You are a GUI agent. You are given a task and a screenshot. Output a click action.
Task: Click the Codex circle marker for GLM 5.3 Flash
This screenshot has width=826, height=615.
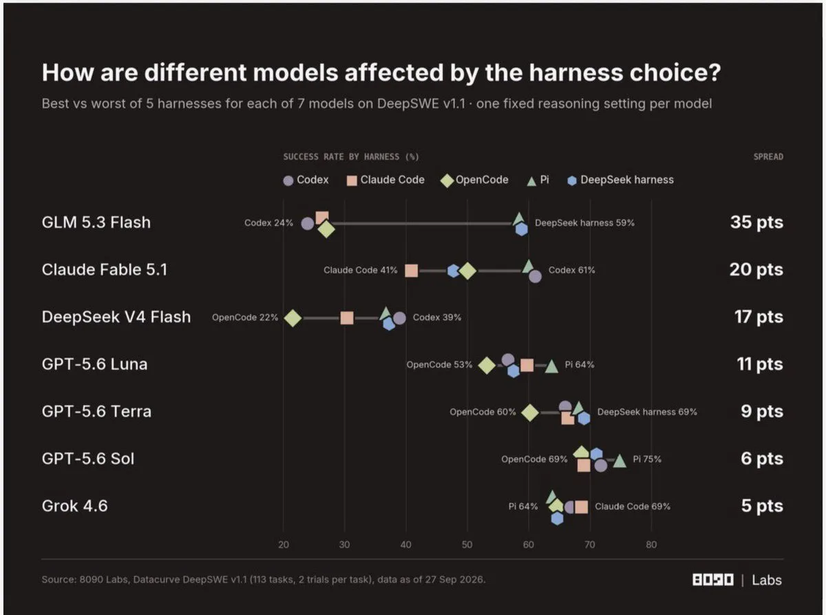(x=307, y=224)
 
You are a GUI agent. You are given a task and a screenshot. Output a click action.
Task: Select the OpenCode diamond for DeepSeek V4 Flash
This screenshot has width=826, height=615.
(x=293, y=318)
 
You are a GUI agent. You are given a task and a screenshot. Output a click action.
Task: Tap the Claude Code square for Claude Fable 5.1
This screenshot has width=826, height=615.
(x=411, y=271)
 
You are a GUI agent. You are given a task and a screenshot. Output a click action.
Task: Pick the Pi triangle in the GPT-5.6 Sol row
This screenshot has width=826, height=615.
(x=619, y=461)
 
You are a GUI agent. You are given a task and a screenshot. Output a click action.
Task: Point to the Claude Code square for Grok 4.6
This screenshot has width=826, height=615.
(x=582, y=507)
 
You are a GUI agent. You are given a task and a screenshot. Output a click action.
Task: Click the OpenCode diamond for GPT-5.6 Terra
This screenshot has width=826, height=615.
(x=529, y=413)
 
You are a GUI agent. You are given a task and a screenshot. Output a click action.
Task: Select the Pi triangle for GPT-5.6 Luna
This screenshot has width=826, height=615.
(x=551, y=366)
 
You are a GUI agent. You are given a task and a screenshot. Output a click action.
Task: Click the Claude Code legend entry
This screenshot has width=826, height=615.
(x=385, y=180)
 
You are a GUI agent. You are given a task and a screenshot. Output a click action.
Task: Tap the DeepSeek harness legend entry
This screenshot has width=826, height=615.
(x=620, y=180)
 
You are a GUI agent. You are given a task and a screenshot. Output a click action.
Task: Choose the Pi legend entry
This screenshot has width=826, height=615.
(x=538, y=180)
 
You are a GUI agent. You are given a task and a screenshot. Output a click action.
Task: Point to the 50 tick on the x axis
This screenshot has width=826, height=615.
(x=467, y=545)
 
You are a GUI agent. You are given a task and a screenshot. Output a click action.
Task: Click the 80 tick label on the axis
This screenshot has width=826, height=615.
(x=651, y=545)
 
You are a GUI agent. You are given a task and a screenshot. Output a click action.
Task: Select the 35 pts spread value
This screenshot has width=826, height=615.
(x=756, y=222)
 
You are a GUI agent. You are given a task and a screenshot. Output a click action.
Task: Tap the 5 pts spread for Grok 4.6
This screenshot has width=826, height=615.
(x=762, y=505)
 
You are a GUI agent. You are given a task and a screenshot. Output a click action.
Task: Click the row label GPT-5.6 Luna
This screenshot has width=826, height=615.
(x=94, y=364)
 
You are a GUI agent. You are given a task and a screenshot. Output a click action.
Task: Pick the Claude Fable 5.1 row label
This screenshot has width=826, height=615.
(x=105, y=269)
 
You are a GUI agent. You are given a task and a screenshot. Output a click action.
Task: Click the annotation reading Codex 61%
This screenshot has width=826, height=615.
(x=571, y=270)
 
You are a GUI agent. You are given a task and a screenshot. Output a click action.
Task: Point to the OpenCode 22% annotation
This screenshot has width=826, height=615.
(x=245, y=317)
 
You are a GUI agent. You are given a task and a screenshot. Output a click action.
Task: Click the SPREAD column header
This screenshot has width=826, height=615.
(x=768, y=156)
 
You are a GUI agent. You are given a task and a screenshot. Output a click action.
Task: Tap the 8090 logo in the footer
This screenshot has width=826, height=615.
(x=713, y=580)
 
